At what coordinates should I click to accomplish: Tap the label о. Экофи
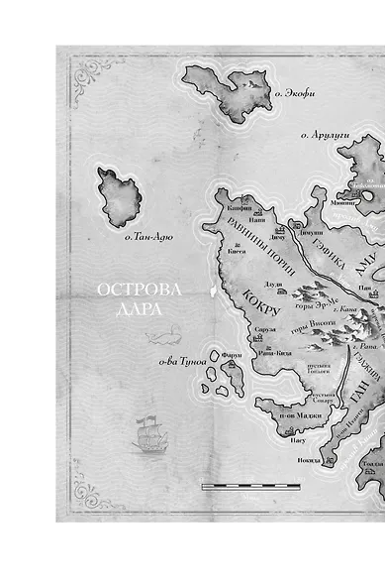click(x=294, y=95)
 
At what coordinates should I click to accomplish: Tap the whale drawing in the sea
click(x=158, y=337)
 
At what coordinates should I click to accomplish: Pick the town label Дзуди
click(x=275, y=286)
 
